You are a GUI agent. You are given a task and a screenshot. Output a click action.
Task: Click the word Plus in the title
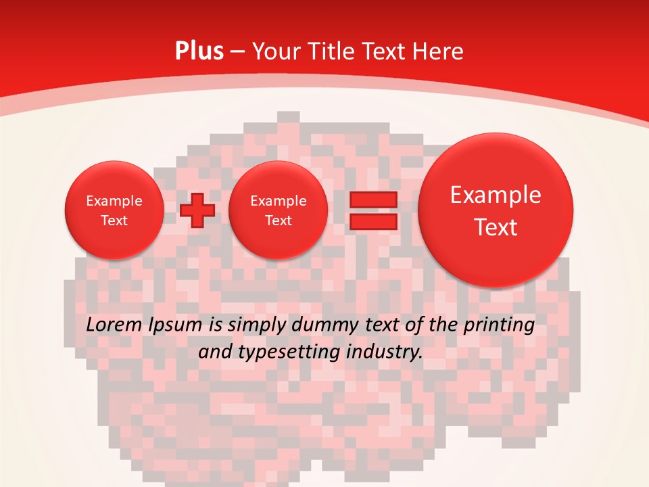199,51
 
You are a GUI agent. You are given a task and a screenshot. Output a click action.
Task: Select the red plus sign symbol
197,210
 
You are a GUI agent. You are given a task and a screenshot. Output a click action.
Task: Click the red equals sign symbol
372,210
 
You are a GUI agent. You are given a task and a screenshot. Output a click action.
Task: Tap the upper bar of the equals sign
372,200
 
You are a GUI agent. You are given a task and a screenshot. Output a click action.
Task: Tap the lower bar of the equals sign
372,221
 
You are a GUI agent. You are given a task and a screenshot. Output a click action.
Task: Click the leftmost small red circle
114,210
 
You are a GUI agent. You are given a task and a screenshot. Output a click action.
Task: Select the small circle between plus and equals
278,210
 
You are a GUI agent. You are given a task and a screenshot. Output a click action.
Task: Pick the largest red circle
496,210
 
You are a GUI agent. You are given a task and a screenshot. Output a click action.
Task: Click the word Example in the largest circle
496,195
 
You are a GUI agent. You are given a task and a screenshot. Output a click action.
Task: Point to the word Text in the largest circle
496,227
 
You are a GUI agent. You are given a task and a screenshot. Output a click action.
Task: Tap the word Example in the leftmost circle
114,201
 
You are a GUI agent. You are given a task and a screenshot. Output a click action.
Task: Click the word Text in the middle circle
278,221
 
